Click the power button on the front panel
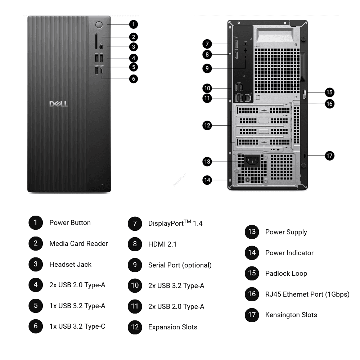click(99, 24)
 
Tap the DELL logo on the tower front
click(59, 104)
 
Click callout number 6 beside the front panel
click(134, 78)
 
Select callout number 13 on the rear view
click(207, 162)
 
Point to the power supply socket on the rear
click(252, 161)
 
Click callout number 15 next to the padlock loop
click(329, 92)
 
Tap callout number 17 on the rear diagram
click(329, 156)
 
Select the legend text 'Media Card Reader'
click(78, 244)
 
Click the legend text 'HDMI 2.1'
click(162, 244)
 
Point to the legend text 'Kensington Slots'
click(291, 315)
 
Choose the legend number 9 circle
click(135, 265)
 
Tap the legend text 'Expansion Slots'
click(172, 327)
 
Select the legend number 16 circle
click(252, 294)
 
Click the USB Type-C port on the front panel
click(103, 71)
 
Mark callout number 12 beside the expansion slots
click(207, 126)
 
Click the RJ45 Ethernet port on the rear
click(248, 97)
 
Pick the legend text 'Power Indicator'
click(289, 253)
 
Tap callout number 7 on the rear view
click(207, 44)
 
